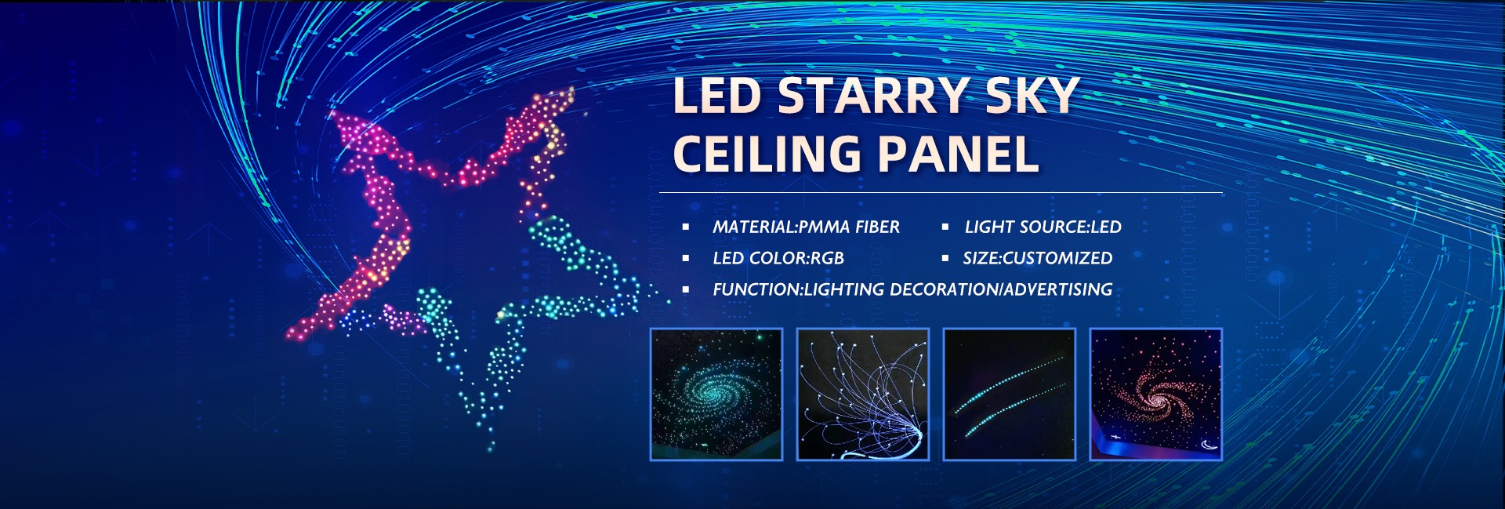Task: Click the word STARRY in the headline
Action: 874,96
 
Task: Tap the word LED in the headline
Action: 717,96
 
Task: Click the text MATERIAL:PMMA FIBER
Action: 806,227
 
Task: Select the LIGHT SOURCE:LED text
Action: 1043,227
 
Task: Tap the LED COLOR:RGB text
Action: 778,259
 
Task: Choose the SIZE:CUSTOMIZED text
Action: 1037,259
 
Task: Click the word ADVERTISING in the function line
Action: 1058,290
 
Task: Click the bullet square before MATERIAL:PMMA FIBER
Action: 686,227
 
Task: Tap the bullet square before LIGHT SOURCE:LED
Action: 945,227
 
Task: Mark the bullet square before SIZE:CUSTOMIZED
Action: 945,258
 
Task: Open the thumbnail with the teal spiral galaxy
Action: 716,394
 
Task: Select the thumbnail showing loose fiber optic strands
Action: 862,394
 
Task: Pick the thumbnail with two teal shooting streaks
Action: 1009,394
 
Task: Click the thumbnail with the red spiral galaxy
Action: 1155,394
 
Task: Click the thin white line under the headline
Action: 941,192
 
